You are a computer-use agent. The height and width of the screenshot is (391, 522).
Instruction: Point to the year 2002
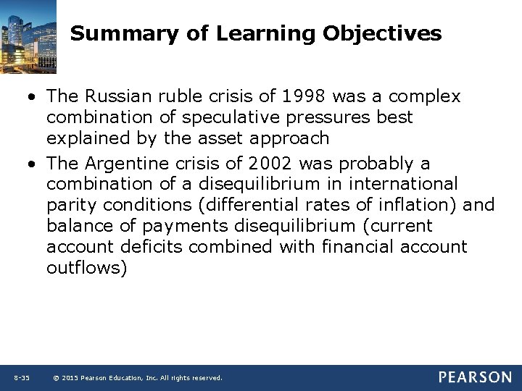coord(273,164)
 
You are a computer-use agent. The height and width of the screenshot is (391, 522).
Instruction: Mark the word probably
coord(373,164)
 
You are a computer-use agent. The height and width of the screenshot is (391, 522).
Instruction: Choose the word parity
coord(74,205)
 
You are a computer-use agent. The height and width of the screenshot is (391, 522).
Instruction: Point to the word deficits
coord(153,246)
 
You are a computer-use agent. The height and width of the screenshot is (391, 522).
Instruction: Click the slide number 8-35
coord(22,378)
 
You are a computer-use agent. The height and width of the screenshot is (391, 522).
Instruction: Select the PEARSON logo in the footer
coord(474,377)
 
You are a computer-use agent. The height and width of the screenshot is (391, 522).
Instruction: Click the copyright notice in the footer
coord(138,378)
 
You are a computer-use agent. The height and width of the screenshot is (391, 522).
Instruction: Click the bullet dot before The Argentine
coord(34,164)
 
